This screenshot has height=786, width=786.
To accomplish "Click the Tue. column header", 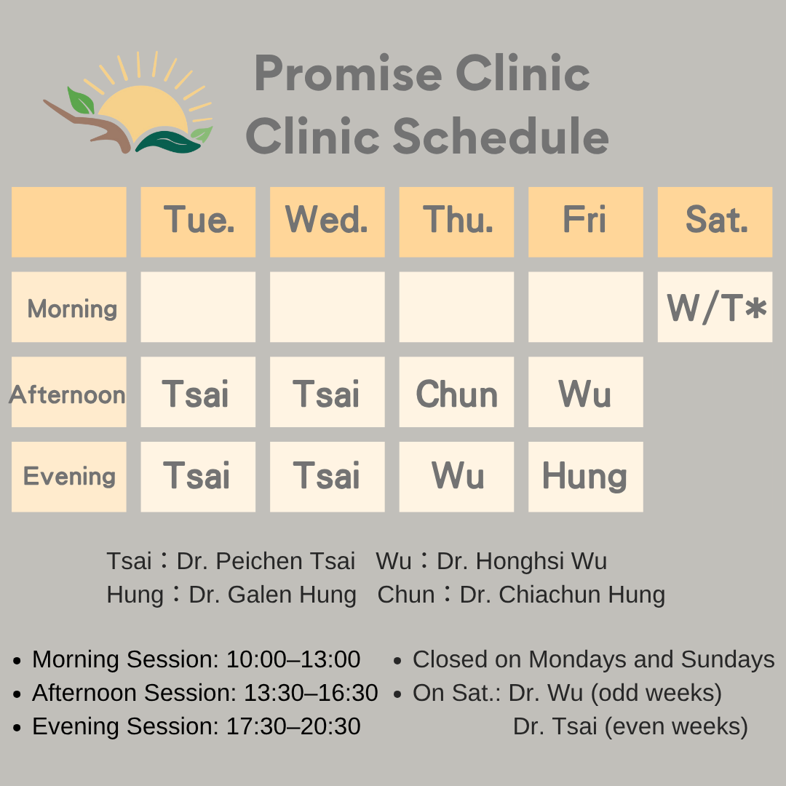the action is [x=198, y=222].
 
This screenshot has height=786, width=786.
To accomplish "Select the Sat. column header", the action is [x=715, y=222].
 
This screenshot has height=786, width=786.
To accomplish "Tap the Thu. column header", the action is [x=456, y=222].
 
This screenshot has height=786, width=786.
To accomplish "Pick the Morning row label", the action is [x=68, y=307].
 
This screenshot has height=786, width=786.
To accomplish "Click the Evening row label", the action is [x=68, y=477].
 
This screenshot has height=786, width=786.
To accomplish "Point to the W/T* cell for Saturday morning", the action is [x=715, y=307].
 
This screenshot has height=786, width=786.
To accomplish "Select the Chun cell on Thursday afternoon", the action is [x=456, y=392].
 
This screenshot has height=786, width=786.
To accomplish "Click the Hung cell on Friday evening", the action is [x=585, y=477].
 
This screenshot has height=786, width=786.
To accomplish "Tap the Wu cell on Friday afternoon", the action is [x=585, y=392].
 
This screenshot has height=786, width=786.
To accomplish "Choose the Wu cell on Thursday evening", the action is [x=456, y=477].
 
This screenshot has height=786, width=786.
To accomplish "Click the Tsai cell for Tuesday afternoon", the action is [x=198, y=392].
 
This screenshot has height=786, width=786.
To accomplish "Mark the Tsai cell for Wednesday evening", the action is [x=327, y=477].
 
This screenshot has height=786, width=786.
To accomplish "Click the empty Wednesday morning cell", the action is [x=327, y=307].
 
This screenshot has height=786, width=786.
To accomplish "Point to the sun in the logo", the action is [x=143, y=108].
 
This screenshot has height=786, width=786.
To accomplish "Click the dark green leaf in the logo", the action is [x=168, y=142].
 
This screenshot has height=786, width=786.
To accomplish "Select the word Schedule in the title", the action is [x=500, y=136].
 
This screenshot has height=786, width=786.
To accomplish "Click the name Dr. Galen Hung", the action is [x=273, y=595].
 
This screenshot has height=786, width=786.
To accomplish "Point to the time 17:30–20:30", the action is [x=294, y=726].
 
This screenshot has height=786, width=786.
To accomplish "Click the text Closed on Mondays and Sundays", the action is [x=594, y=659].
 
